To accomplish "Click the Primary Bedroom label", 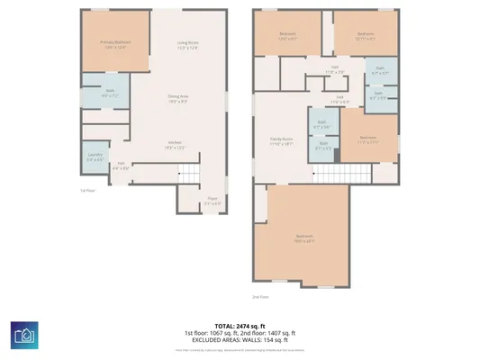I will click(114, 43).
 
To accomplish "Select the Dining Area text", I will click(178, 98).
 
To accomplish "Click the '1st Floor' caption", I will click(87, 191).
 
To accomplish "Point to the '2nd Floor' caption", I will click(260, 295).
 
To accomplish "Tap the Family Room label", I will click(282, 140).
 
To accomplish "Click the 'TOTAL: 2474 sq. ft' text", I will click(240, 325).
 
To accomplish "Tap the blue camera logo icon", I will click(24, 335).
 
